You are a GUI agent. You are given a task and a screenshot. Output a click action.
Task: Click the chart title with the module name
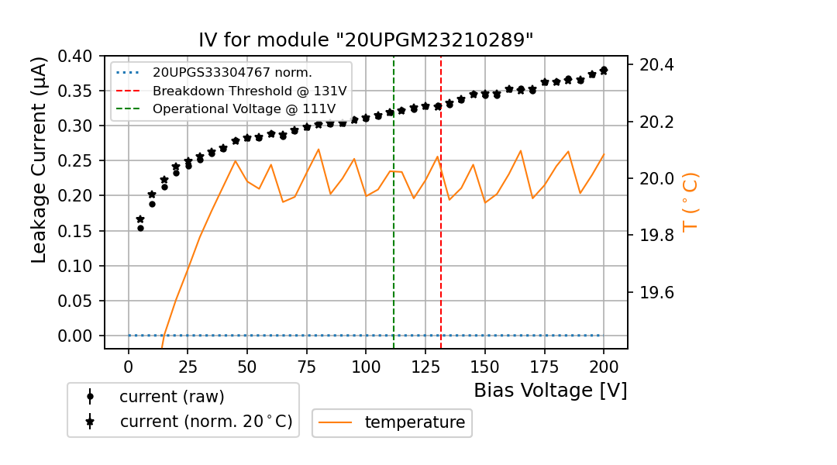(x=366, y=40)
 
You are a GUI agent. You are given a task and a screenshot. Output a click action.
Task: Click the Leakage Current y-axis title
(x=40, y=160)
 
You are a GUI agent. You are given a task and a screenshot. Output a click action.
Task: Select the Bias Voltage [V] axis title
(x=550, y=390)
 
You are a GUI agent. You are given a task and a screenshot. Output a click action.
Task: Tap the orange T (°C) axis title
(x=690, y=201)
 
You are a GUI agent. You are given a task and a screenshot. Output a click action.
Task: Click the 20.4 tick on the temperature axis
(x=656, y=64)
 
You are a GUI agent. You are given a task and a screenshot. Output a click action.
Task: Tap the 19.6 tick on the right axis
(x=656, y=293)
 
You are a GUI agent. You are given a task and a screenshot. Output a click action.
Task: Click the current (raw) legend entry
(x=171, y=397)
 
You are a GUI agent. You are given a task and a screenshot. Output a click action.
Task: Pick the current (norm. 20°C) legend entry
(x=205, y=422)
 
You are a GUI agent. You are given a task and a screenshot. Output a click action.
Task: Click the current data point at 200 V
(x=604, y=70)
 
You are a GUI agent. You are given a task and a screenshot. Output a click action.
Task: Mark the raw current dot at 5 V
(x=140, y=228)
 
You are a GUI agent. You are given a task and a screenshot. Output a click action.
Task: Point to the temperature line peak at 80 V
(x=319, y=149)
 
